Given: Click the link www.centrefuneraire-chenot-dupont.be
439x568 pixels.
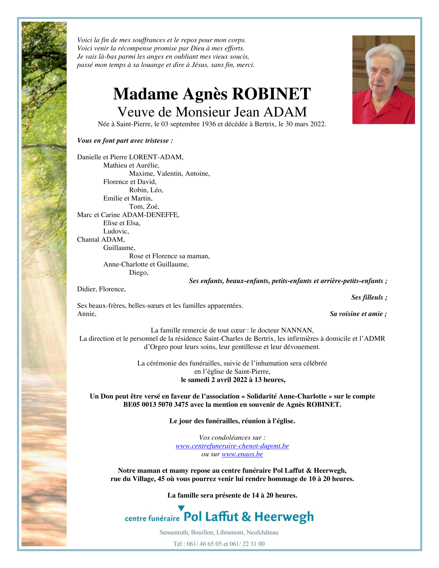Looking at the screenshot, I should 232,446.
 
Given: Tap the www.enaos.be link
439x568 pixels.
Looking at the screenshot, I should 242,454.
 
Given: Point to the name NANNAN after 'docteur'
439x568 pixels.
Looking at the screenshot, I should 297,330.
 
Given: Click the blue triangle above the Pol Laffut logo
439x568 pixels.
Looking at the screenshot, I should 181,508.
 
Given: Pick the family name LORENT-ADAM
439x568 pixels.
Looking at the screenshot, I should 156,157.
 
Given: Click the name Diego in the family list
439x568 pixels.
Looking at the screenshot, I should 138,273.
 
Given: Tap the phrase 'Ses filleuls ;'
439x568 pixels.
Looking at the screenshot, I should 369,297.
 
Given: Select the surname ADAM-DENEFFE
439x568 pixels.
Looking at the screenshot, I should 150,215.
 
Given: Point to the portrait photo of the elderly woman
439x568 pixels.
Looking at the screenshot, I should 384,80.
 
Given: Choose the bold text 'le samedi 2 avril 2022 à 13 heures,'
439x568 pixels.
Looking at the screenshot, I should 233,380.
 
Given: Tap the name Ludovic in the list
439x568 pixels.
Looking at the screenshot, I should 116,231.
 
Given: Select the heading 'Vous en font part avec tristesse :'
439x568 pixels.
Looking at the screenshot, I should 125,141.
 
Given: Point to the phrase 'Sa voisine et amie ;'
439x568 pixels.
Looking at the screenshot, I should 358,314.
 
